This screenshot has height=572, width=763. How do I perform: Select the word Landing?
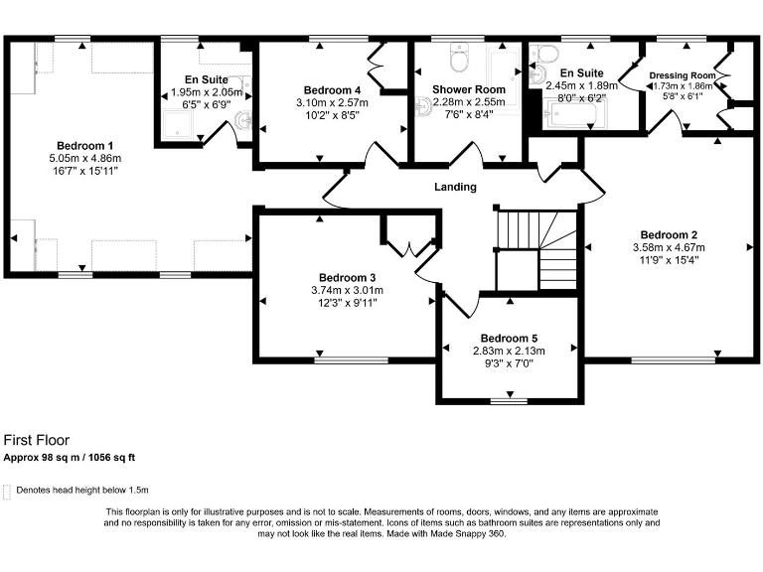tap(455, 187)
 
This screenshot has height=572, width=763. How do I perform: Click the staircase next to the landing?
tap(536, 248)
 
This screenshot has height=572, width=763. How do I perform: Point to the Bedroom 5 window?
tap(508, 401)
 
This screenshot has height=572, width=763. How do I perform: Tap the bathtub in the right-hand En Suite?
tap(570, 116)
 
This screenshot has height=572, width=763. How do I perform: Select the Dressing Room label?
tap(682, 75)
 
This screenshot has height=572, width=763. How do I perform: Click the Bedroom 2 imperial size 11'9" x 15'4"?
tap(669, 260)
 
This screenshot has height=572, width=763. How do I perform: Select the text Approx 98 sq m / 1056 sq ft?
tap(69, 458)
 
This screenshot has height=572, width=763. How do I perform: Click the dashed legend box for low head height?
tap(8, 491)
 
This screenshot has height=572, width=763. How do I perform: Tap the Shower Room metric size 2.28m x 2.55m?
tap(468, 101)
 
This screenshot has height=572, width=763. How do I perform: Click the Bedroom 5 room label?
tap(510, 338)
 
